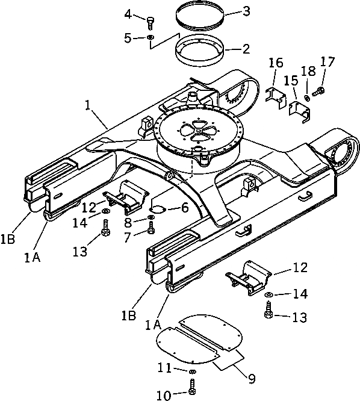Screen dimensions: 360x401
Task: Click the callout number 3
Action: tap(246, 11)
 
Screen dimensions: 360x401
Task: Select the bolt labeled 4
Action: tap(151, 23)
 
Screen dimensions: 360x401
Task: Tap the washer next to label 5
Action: tap(151, 37)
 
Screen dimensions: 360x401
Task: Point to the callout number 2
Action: tap(246, 49)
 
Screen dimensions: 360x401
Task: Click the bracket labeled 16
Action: tap(276, 98)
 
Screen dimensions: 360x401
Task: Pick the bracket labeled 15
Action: tap(299, 111)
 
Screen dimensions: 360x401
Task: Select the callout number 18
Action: tap(308, 71)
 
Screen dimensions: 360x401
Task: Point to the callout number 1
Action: tap(88, 105)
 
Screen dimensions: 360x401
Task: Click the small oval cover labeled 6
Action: tap(158, 209)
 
